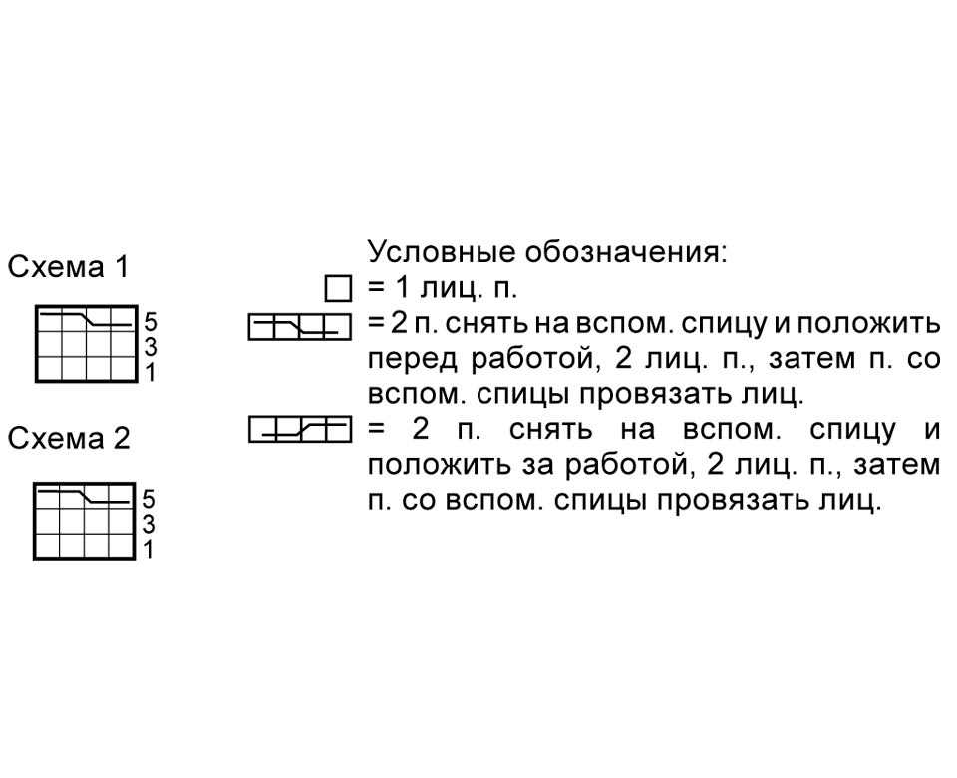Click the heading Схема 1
coord(69,267)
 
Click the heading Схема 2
coord(69,439)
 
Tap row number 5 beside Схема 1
coord(151,322)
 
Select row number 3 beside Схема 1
coord(151,347)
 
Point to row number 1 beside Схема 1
coord(151,372)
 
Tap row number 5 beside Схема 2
coord(149,499)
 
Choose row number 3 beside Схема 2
coord(149,524)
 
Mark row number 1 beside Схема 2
coord(149,550)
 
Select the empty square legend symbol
coord(338,289)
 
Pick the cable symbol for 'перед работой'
coord(300,327)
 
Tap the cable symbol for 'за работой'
coord(300,429)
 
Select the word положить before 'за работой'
coord(439,467)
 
